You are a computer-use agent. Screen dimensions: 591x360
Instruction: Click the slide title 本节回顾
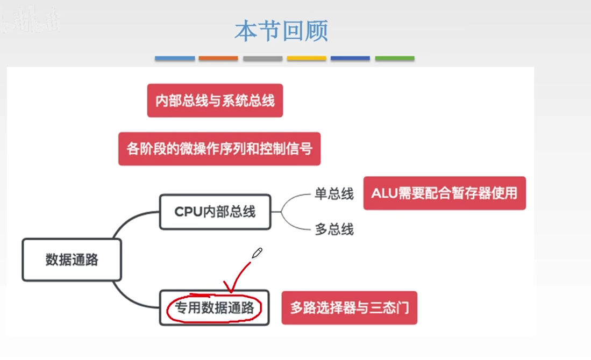pos(281,31)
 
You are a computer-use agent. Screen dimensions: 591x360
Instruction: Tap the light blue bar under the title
pos(175,59)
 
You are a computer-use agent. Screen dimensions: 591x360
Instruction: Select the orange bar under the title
pos(218,59)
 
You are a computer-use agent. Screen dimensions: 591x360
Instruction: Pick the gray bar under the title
pos(263,59)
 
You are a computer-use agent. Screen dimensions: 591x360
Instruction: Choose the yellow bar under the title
pos(307,59)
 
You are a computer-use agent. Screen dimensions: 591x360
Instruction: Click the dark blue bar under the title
pos(350,59)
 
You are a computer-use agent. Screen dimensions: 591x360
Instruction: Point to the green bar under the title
pos(395,59)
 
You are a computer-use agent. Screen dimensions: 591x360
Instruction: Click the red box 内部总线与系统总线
pos(215,100)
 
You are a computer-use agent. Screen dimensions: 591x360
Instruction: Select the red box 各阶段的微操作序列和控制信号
pos(219,149)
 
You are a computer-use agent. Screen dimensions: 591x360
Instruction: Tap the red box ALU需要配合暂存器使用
pos(444,193)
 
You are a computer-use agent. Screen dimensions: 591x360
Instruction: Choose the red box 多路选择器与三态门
pos(350,308)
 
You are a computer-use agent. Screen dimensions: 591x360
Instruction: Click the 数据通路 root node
pos(72,260)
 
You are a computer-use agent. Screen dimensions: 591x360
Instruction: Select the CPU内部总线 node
pos(215,212)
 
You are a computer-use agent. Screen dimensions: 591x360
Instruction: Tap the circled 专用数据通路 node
pos(215,308)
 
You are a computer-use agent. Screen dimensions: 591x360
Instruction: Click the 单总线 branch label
pos(334,194)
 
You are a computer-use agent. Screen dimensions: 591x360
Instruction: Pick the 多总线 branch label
pos(334,229)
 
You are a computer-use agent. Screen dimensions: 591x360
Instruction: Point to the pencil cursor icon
pos(257,253)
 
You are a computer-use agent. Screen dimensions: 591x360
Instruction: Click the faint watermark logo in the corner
pos(31,19)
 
